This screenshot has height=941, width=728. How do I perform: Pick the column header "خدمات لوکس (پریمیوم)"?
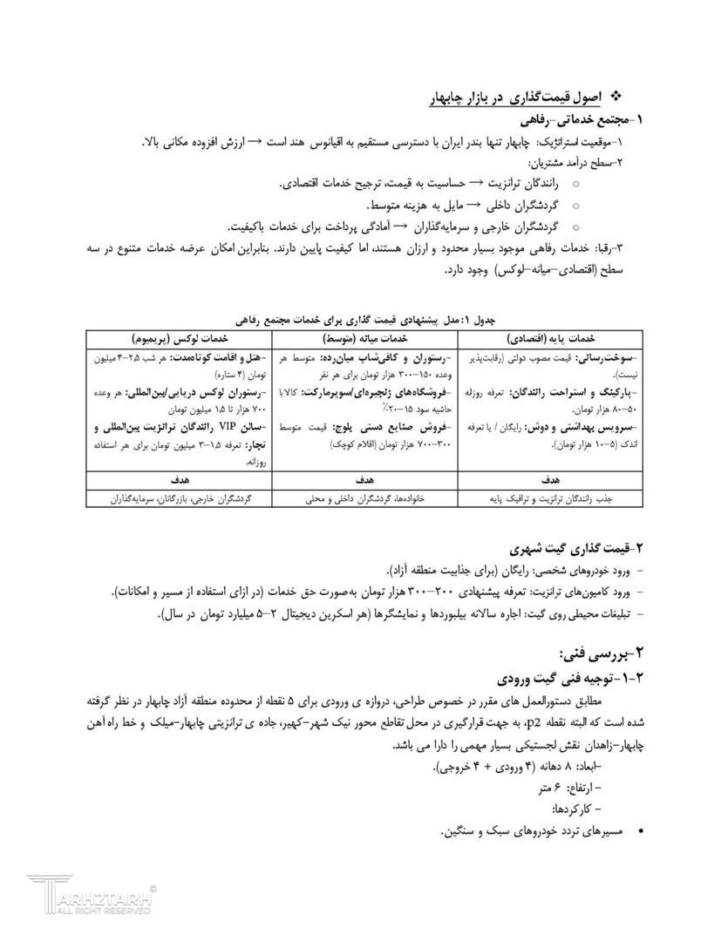pyautogui.click(x=179, y=338)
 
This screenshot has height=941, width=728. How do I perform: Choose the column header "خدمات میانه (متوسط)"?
pyautogui.click(x=364, y=338)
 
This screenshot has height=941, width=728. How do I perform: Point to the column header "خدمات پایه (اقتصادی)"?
pyautogui.click(x=548, y=338)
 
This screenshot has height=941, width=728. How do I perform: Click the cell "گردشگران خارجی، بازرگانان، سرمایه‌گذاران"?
pyautogui.click(x=179, y=499)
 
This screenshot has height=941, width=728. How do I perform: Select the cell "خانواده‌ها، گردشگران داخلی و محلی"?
pyautogui.click(x=364, y=499)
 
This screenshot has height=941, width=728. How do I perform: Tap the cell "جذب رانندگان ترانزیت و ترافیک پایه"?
pyautogui.click(x=548, y=499)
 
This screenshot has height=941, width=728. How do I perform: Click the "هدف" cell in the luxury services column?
pyautogui.click(x=179, y=480)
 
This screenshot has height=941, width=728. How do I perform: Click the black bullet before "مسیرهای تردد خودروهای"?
pyautogui.click(x=642, y=833)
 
